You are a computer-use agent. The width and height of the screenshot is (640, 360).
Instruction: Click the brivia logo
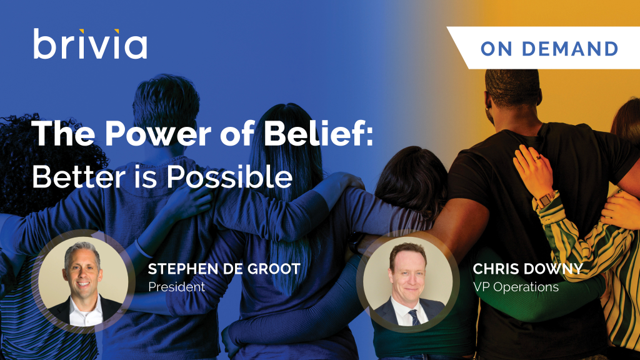pos(90,44)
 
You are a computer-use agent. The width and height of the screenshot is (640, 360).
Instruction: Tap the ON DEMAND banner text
pos(549,49)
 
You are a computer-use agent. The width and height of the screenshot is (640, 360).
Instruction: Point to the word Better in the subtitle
pos(79,177)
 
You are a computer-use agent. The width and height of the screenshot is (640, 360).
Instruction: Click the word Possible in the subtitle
pos(229,177)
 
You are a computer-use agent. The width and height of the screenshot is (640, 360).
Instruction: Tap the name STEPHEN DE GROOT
pos(224,269)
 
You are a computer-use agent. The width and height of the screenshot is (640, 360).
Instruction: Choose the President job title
pos(176,287)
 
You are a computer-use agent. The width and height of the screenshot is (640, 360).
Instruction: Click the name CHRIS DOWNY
pos(527,269)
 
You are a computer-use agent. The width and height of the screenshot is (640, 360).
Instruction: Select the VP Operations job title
pos(516,287)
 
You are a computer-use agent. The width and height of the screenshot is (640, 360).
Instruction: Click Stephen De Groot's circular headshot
pos(83,281)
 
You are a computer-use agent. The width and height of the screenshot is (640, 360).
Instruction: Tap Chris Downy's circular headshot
pos(407,281)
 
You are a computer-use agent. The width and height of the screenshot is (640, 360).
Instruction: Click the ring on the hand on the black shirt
pos(538,157)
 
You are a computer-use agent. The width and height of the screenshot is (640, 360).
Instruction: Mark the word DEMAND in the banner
pos(570,49)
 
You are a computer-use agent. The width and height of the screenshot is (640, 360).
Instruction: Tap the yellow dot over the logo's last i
pos(117,31)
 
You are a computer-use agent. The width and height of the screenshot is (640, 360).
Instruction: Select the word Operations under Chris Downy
pos(526,287)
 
